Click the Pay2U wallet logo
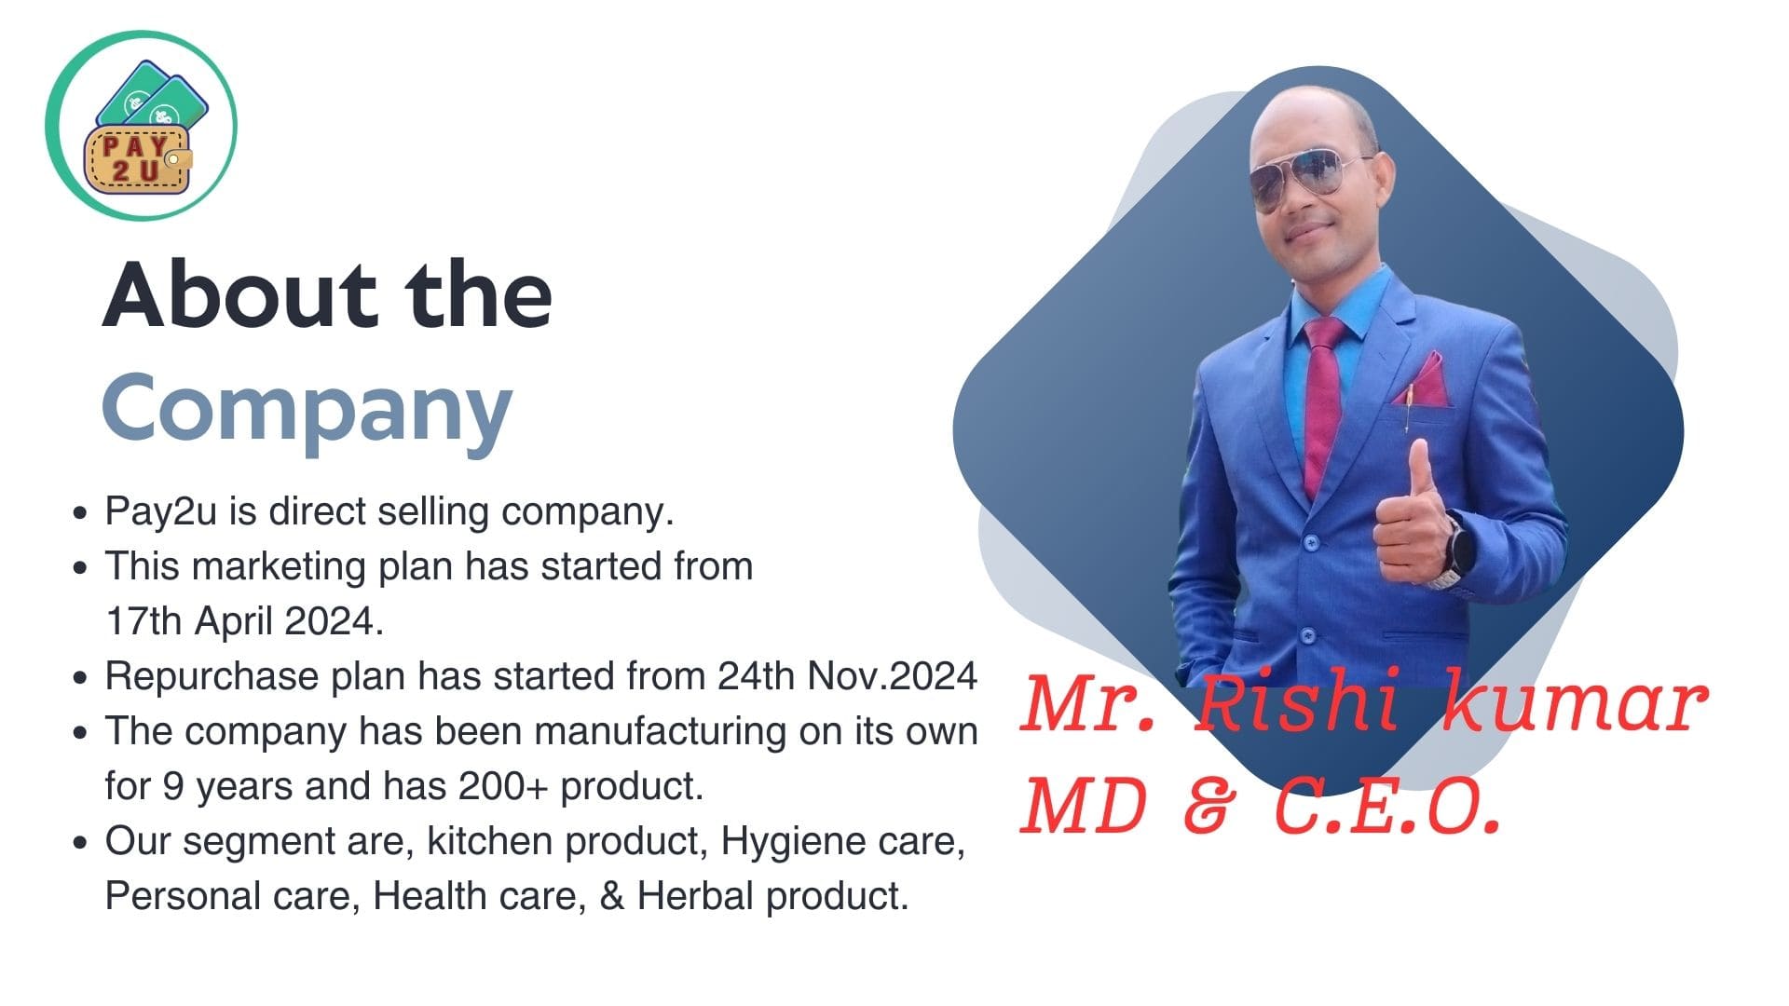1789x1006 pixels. tap(142, 126)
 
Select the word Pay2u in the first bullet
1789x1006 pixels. tap(160, 511)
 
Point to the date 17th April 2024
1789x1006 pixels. tap(244, 621)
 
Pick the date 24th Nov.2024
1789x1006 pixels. tap(847, 676)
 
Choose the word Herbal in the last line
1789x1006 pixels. tap(695, 896)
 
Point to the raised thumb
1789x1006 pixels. tap(1420, 470)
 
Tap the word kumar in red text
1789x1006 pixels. tap(1576, 703)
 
